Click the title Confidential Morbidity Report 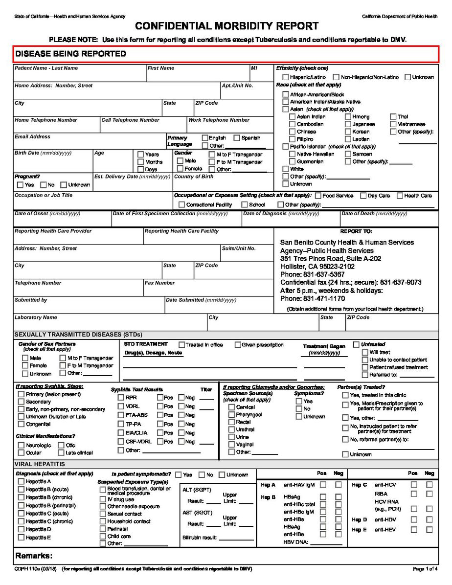click(227, 26)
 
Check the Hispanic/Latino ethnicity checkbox click(285, 77)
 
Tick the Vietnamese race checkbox click(394, 124)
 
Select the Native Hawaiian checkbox click(293, 154)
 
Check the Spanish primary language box click(237, 138)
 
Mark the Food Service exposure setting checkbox click(318, 196)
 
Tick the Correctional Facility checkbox click(182, 205)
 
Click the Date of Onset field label click(47, 214)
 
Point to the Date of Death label click(374, 214)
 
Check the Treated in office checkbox click(181, 345)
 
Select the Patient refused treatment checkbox click(365, 367)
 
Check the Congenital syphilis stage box click(21, 424)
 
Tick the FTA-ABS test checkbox click(121, 415)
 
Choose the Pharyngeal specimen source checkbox click(231, 415)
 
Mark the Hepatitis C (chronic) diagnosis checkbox click(21, 521)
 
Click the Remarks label click(34, 556)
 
